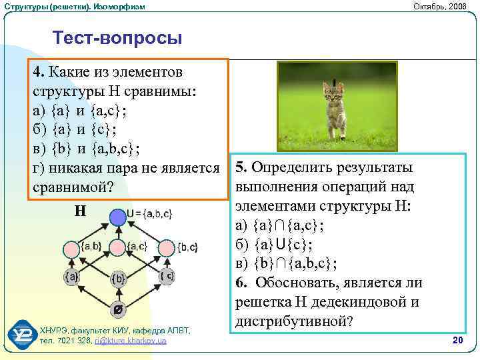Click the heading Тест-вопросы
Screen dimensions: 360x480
(x=117, y=38)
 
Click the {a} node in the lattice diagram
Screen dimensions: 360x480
(x=71, y=276)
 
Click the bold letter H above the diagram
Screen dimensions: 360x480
(x=80, y=212)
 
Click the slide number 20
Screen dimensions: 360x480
(x=457, y=341)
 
